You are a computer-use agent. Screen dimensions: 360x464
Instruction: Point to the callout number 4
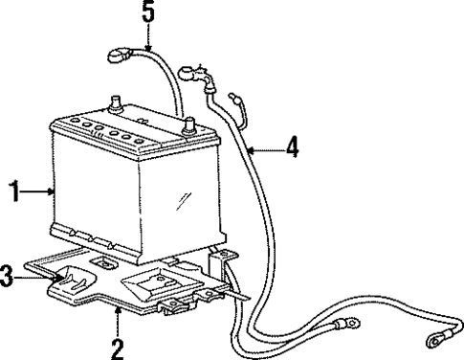point(293,148)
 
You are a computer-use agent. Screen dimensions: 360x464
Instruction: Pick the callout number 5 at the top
point(147,13)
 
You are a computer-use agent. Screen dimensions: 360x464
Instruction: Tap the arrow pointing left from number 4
point(264,148)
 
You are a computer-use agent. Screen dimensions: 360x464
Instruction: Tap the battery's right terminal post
point(188,124)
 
